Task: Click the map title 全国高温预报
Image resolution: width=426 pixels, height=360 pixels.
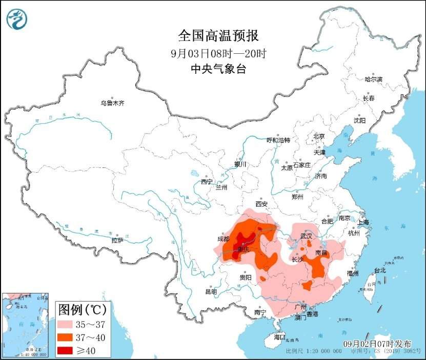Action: pyautogui.click(x=218, y=36)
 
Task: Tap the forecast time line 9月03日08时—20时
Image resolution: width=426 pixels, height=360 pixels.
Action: pyautogui.click(x=218, y=53)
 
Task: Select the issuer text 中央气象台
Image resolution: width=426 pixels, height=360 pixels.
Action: pyautogui.click(x=218, y=69)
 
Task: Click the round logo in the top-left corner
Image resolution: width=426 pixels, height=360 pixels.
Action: pyautogui.click(x=17, y=19)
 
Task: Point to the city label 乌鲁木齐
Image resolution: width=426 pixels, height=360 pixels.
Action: pyautogui.click(x=112, y=103)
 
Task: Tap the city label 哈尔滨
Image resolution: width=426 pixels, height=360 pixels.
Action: pyautogui.click(x=373, y=79)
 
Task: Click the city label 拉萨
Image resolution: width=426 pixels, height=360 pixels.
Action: pyautogui.click(x=117, y=240)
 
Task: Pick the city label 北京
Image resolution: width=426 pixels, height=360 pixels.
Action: pyautogui.click(x=319, y=136)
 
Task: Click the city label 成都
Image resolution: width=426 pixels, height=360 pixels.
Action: pyautogui.click(x=224, y=239)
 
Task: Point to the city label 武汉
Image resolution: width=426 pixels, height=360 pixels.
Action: pyautogui.click(x=307, y=236)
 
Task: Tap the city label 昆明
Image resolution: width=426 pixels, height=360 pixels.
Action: pyautogui.click(x=211, y=291)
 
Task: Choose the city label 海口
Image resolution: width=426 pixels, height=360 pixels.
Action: pyautogui.click(x=279, y=337)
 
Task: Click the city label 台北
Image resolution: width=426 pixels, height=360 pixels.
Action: pyautogui.click(x=380, y=270)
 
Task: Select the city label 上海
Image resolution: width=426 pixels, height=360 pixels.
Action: pyautogui.click(x=363, y=222)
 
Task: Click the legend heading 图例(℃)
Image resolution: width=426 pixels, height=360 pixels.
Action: pyautogui.click(x=83, y=310)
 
